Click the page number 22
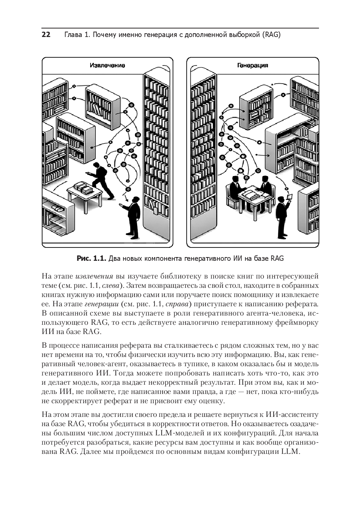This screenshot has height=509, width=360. tap(46, 35)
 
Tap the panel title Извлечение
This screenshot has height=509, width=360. tap(107, 65)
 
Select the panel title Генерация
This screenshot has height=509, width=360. tap(253, 65)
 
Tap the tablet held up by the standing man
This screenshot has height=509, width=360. tap(290, 196)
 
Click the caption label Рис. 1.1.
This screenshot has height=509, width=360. tap(91, 259)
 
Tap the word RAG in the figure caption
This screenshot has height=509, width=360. tap(277, 259)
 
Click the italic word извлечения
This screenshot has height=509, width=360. tap(94, 277)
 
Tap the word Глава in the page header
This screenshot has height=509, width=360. tap(73, 35)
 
